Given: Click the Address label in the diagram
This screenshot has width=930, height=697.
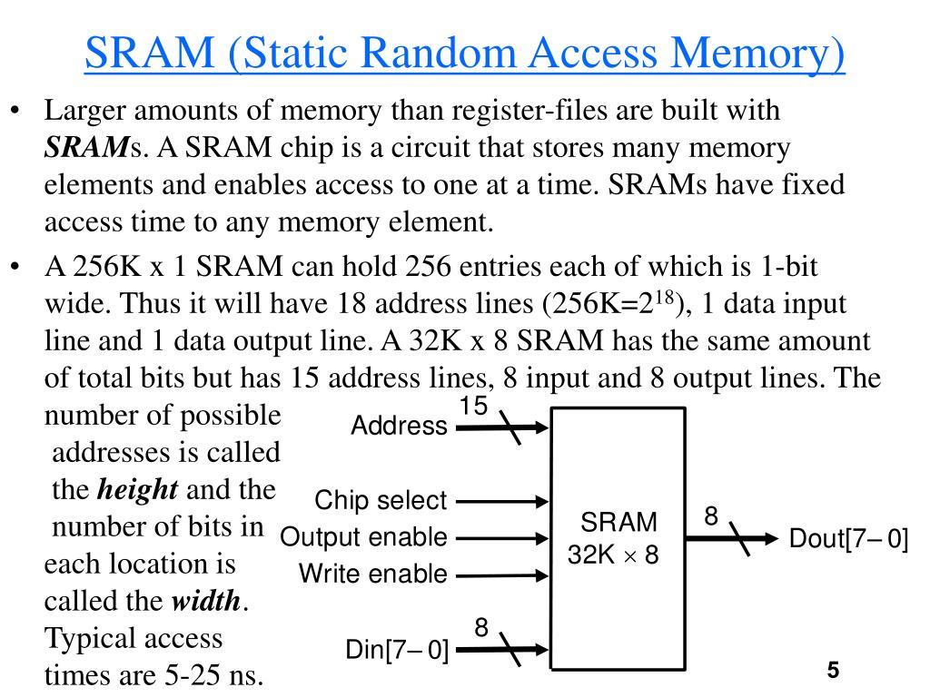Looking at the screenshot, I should tap(399, 426).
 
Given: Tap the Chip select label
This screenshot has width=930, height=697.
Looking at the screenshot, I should tap(381, 500).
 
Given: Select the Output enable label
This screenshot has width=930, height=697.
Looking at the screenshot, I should tap(363, 537).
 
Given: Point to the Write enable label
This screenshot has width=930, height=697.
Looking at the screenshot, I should tap(373, 574).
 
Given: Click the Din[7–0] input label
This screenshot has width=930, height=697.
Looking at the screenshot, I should tap(397, 650).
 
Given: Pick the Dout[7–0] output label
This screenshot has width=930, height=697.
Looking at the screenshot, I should tap(848, 538).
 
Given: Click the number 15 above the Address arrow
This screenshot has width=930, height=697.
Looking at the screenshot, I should tap(472, 406).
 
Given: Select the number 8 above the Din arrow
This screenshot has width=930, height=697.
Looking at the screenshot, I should tap(481, 627).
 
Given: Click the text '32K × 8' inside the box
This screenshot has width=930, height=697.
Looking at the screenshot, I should tap(613, 554).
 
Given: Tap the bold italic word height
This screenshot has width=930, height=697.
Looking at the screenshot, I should tap(137, 490).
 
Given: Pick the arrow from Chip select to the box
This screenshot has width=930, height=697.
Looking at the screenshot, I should tap(502, 500).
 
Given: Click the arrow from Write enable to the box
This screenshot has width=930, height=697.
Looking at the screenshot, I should tap(502, 575).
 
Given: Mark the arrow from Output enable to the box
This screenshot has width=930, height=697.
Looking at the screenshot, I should tap(502, 537).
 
